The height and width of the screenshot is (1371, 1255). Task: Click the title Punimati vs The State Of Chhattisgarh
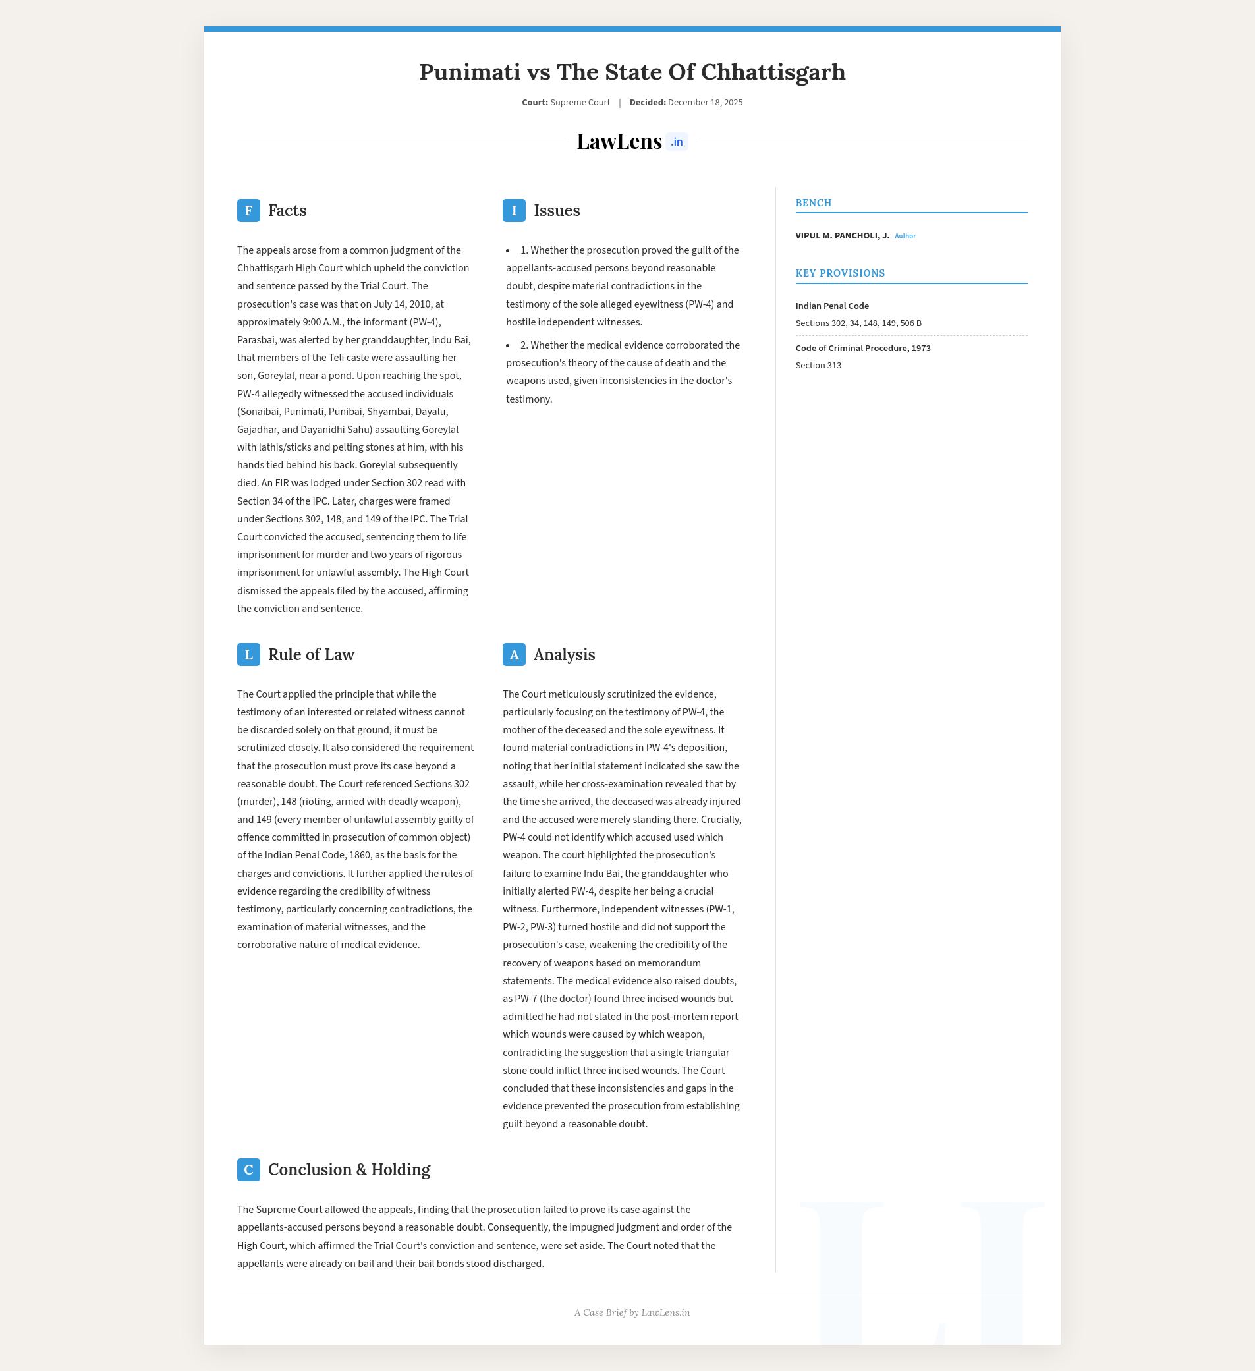632,72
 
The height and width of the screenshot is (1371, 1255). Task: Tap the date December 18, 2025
705,103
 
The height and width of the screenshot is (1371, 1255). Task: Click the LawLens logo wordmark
619,142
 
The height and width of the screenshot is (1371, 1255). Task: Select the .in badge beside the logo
677,142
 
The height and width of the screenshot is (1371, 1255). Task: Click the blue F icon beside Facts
248,211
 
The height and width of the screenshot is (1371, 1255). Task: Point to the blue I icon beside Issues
514,211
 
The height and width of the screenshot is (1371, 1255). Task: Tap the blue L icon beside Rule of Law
248,654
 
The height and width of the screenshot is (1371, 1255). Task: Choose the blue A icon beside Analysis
514,654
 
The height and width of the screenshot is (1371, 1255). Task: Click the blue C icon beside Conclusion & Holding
248,1169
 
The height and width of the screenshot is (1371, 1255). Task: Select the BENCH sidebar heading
814,203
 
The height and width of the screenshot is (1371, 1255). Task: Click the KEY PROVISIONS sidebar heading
840,273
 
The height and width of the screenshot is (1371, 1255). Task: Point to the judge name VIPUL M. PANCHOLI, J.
842,236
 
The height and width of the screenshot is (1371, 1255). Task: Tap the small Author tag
905,237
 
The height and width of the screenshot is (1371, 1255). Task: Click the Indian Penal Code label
832,306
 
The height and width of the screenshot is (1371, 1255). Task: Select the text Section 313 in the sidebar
818,365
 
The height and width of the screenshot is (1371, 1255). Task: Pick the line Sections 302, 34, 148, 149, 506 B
858,323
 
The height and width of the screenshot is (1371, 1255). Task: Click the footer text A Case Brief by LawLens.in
632,1312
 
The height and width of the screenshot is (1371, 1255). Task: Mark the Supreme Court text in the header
580,103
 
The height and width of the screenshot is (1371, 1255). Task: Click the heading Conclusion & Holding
349,1169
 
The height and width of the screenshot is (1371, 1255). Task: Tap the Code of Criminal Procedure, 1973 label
862,349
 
